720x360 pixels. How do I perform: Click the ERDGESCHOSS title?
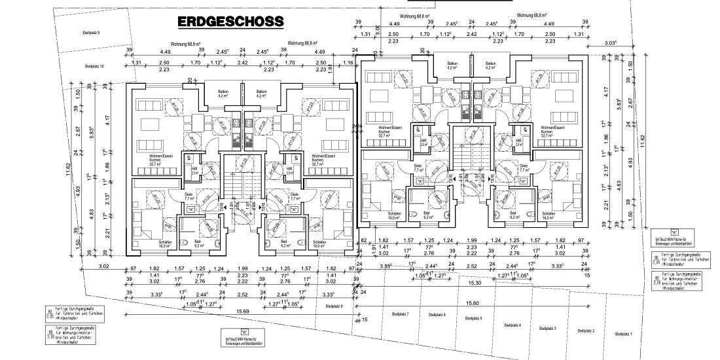coord(230,22)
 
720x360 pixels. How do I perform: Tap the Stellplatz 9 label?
coord(91,31)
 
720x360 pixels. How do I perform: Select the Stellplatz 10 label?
coord(94,66)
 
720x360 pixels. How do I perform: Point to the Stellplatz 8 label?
coord(333,306)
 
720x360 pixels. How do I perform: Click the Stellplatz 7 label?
coord(400,314)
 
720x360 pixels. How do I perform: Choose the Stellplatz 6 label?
coord(437,315)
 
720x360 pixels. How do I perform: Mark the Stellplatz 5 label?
coord(473,319)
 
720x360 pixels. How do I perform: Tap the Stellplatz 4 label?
coord(513,325)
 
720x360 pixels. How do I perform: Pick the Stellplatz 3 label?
coord(547,327)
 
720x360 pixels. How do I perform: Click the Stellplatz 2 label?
coord(586,331)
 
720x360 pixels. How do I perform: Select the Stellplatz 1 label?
coord(624,334)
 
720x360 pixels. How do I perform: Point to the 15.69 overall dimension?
coord(242,311)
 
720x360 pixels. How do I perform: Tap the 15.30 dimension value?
coord(475,282)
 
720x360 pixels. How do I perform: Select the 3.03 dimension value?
coord(611,43)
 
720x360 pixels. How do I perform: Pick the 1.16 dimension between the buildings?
coord(348,62)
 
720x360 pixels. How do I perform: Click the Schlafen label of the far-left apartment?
coord(165,242)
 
